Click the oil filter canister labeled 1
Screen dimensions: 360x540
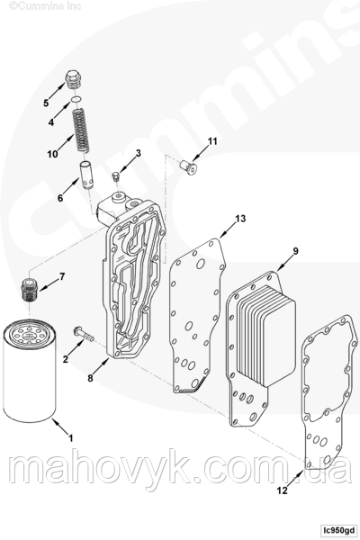30,371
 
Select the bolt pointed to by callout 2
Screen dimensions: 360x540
84,334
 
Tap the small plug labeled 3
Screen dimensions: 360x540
116,177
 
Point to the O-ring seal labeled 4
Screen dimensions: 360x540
76,99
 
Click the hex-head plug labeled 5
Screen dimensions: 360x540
72,80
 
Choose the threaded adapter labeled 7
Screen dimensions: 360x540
29,289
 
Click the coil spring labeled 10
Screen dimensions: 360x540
80,130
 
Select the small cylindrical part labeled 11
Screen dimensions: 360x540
189,167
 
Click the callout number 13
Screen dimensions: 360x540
240,219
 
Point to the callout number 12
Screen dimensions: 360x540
282,490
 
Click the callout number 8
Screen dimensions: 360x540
90,378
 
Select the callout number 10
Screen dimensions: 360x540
53,154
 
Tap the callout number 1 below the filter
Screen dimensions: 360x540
71,438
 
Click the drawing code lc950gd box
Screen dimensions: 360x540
338,529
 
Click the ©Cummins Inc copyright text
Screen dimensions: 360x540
45,5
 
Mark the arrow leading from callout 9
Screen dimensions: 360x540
285,264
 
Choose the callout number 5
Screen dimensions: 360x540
46,103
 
